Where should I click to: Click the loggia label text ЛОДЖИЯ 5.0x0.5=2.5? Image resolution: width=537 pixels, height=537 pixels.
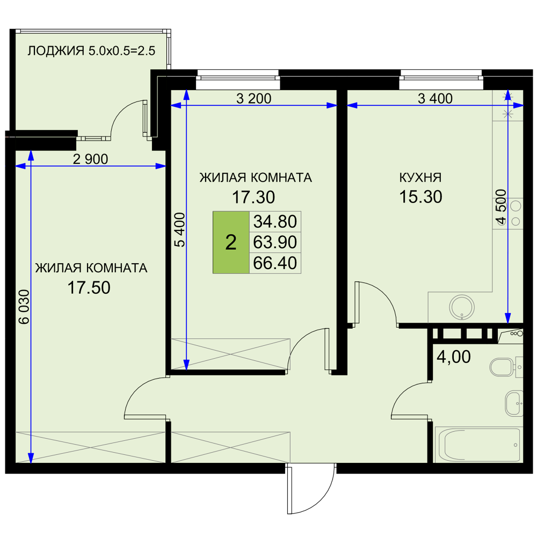91,50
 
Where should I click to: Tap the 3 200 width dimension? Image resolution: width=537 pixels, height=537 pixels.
254,99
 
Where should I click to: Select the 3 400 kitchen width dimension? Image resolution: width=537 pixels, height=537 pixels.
436,99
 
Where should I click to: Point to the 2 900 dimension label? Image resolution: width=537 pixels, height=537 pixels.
90,159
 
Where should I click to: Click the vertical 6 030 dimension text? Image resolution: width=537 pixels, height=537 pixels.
24,307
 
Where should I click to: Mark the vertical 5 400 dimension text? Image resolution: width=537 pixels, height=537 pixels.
179,230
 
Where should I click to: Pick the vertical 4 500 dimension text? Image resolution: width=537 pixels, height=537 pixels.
500,207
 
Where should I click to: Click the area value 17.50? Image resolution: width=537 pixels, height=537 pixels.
89,288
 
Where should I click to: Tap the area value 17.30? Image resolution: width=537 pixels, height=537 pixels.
253,197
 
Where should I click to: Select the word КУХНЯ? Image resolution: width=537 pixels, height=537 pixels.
420,177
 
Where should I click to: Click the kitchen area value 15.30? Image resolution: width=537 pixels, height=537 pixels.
420,197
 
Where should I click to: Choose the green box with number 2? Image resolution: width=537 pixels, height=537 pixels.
231,243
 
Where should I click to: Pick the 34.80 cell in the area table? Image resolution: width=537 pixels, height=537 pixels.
275,222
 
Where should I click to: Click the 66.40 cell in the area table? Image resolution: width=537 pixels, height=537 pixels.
275,263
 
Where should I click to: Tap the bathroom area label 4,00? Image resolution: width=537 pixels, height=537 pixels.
454,357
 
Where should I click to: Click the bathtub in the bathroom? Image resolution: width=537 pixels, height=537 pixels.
478,445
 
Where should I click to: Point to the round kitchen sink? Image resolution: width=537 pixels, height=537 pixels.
462,307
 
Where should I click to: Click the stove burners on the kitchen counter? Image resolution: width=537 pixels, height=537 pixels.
515,214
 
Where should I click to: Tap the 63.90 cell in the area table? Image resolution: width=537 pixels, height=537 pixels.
275,243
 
